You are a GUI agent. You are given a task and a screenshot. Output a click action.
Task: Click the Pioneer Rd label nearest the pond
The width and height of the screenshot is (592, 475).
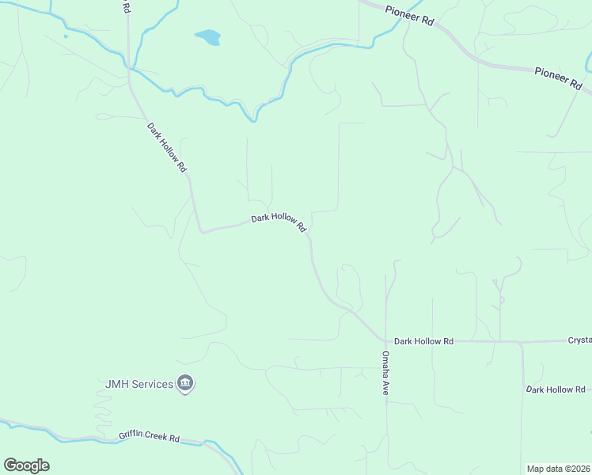click(x=409, y=17)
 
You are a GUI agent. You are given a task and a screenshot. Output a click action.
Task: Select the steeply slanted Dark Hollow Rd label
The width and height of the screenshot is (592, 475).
click(x=166, y=148)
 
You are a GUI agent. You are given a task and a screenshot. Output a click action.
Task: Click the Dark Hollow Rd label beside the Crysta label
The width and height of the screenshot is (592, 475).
click(x=424, y=341)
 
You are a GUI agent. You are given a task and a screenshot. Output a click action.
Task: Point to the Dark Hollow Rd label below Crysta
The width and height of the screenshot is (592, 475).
click(x=556, y=389)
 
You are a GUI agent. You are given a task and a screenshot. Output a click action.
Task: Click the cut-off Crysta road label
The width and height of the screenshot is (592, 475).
click(x=579, y=340)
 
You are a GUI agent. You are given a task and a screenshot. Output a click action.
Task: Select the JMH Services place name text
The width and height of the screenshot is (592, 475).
click(x=139, y=384)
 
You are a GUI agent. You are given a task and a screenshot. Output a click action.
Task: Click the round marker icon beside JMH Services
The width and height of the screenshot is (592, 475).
click(x=186, y=384)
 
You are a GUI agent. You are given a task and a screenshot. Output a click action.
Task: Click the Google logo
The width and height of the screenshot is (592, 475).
click(x=26, y=465)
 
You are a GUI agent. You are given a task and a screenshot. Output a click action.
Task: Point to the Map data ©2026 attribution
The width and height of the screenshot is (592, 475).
click(x=558, y=469)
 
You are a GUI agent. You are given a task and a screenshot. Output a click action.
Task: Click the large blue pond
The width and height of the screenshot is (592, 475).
click(x=208, y=37)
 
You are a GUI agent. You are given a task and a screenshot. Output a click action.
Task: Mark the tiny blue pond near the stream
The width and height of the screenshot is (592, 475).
click(x=65, y=35)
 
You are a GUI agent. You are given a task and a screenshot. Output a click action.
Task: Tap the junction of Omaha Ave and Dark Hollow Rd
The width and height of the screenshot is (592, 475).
click(x=386, y=341)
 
